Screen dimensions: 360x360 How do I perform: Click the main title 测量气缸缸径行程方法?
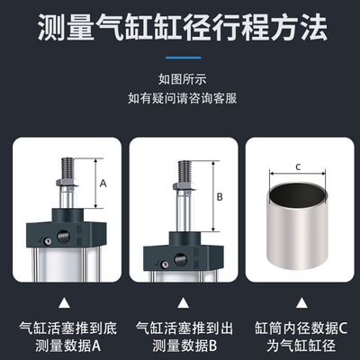coord(180,30)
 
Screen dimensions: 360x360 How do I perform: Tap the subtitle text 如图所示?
coord(179,78)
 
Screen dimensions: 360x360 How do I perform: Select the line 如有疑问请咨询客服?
coord(179,96)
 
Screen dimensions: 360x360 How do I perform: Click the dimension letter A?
coord(103,183)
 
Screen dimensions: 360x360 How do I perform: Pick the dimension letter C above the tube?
coord(298,165)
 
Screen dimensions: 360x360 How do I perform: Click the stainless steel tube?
coord(298,220)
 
